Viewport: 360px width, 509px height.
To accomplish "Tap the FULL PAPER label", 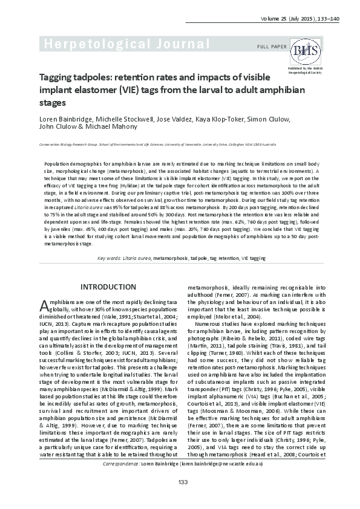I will tap(271, 47).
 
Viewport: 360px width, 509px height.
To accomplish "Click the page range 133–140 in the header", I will tap(327, 19).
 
